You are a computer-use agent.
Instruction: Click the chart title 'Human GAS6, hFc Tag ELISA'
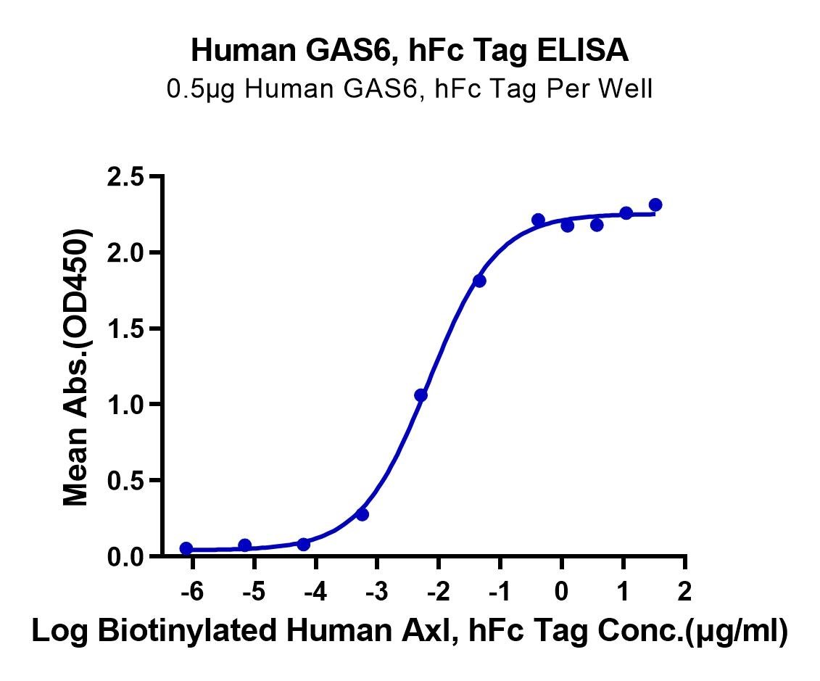(410, 51)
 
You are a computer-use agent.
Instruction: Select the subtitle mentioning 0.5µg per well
(410, 89)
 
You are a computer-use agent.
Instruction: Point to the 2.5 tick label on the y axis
(125, 177)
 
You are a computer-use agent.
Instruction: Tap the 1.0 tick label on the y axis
(125, 404)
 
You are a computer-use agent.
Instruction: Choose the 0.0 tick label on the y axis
(125, 556)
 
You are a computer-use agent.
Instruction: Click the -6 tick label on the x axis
(192, 592)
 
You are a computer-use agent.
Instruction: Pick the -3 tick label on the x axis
(376, 592)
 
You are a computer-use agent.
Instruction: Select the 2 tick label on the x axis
(684, 592)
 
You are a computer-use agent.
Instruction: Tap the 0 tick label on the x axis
(561, 592)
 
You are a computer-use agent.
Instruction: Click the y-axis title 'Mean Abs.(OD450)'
(76, 367)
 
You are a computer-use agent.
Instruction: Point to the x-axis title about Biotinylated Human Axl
(410, 631)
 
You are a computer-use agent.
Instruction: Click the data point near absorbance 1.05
(421, 395)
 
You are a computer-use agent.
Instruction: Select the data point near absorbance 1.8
(479, 281)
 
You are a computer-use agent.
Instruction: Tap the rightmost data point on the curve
(655, 205)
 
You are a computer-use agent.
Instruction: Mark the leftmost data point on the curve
(186, 548)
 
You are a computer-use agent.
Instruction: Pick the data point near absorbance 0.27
(363, 515)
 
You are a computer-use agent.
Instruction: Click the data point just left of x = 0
(538, 220)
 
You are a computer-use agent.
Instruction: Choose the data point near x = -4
(303, 545)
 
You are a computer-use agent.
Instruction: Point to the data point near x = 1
(626, 213)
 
